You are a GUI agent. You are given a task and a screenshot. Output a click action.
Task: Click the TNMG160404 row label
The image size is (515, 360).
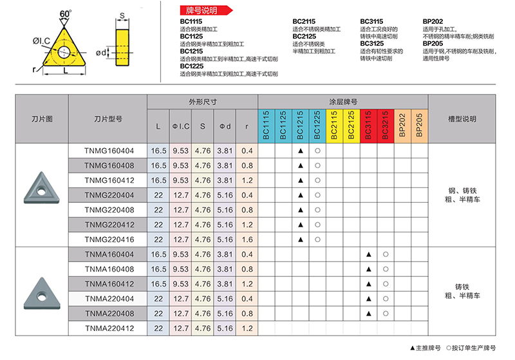108,151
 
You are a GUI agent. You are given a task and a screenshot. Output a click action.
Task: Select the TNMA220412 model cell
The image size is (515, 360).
108,328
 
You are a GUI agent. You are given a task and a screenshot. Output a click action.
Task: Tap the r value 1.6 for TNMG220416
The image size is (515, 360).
246,240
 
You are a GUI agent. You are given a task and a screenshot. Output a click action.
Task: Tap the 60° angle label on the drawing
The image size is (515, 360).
66,14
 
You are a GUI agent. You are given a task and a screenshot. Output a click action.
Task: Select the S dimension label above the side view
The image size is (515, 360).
121,15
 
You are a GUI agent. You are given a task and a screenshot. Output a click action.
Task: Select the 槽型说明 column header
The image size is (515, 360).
462,118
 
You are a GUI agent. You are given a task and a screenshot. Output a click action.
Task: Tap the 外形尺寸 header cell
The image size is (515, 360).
203,102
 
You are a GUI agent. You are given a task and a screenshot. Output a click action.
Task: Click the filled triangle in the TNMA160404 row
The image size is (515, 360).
368,254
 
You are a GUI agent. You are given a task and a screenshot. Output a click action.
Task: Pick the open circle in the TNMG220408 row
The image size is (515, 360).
317,210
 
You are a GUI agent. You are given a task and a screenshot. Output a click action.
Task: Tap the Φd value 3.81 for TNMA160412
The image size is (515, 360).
225,284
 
